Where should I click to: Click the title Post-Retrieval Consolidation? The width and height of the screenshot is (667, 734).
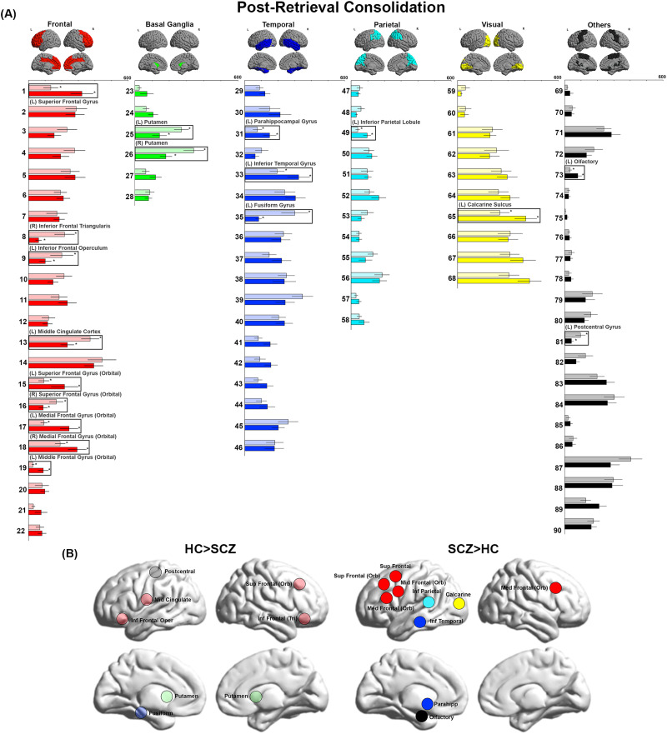coord(338,8)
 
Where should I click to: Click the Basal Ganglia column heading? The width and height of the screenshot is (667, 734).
coord(171,25)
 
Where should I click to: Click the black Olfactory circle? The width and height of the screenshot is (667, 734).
coord(422,716)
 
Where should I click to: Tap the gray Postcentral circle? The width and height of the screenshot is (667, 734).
coord(155,572)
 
